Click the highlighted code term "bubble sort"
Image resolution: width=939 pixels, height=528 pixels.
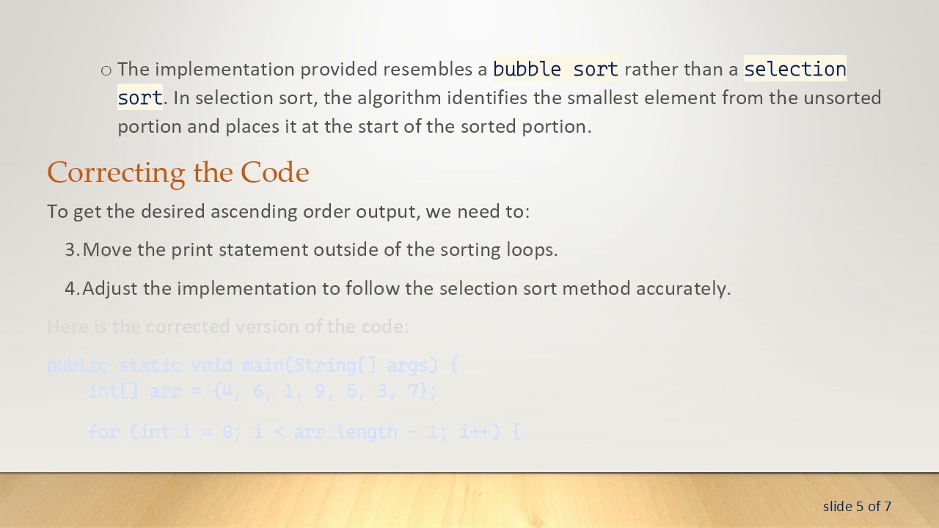click(x=555, y=69)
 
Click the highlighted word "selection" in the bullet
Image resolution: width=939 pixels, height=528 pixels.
click(x=794, y=69)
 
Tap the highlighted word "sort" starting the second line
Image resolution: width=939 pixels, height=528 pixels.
click(x=139, y=98)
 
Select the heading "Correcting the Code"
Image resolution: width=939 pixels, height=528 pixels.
click(x=178, y=172)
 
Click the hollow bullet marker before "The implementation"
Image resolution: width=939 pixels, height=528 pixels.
click(x=106, y=70)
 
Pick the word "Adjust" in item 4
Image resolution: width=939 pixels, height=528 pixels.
click(x=110, y=288)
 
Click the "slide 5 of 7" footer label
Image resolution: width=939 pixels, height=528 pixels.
click(x=857, y=506)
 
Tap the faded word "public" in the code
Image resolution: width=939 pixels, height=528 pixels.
click(x=77, y=365)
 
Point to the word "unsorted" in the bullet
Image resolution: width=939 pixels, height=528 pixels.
click(x=841, y=98)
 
